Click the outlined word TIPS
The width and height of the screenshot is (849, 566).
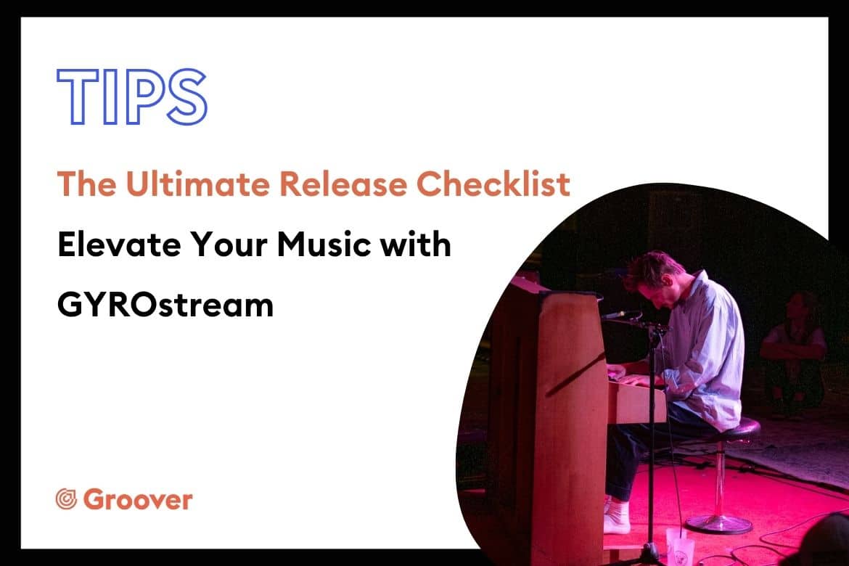(x=131, y=97)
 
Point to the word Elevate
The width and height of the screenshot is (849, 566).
(x=119, y=245)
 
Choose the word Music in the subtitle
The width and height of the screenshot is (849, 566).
(x=323, y=245)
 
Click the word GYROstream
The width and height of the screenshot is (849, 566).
(x=165, y=305)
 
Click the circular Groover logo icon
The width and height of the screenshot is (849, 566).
(x=67, y=499)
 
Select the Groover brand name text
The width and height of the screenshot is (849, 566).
(x=138, y=499)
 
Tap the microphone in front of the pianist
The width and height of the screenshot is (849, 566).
(x=622, y=315)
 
